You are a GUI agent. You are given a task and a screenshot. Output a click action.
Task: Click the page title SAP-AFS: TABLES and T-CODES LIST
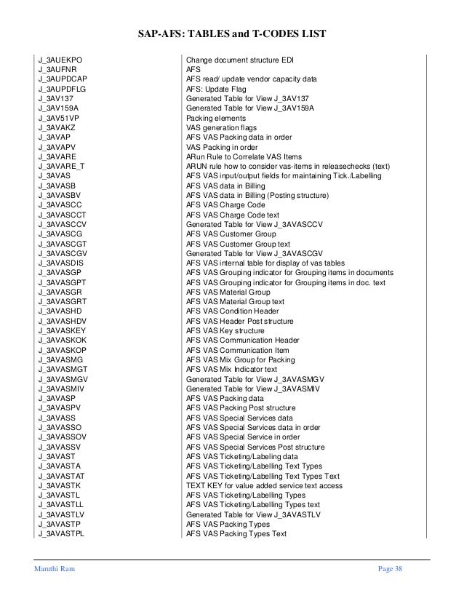coord(232,33)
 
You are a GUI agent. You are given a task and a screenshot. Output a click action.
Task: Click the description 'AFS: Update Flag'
coord(216,88)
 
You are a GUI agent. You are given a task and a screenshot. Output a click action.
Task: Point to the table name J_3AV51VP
coord(60,117)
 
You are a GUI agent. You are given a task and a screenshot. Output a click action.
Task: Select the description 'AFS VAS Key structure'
coord(227,330)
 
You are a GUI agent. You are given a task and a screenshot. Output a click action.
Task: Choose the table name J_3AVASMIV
coord(63,389)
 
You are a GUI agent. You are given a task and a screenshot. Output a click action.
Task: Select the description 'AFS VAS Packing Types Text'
coord(236,534)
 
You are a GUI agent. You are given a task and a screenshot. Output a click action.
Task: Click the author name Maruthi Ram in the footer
coord(53,568)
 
